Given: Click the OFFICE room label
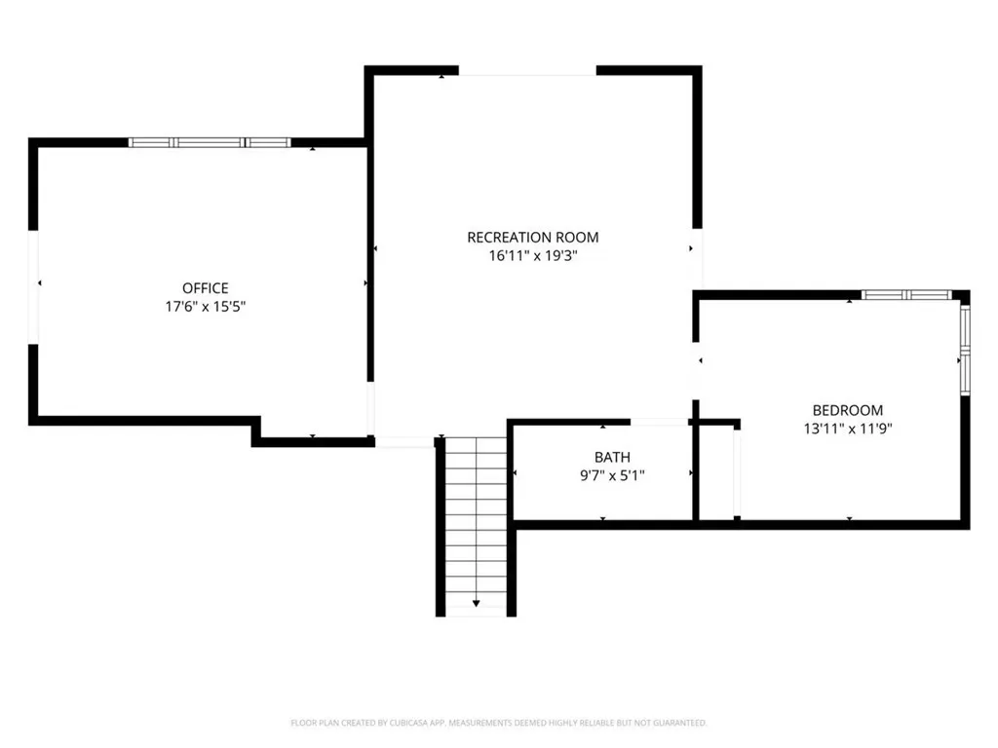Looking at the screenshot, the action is coord(205,288).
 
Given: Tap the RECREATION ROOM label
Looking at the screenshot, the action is coord(533,238).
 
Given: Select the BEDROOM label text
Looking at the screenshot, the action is coord(848,410).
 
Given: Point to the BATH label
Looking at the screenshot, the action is coord(612,458).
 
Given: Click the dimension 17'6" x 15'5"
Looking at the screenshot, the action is coord(205,307).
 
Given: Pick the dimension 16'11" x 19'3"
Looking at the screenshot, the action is coord(533,256).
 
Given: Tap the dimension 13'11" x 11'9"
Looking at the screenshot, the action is coord(848,429).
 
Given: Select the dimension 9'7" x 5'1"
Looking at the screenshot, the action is coord(612,475).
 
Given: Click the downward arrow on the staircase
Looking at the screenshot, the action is coord(476,602).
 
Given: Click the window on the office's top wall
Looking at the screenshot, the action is coord(210,142).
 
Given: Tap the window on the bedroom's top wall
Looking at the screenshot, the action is coord(906,294).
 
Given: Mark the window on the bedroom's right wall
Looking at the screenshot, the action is coord(965,351).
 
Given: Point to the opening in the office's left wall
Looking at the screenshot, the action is coord(33,287).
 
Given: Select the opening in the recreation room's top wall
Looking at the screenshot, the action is coord(527,70).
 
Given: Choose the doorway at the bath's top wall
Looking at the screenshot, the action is coord(659,422).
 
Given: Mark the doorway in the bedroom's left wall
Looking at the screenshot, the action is coord(696,371).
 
